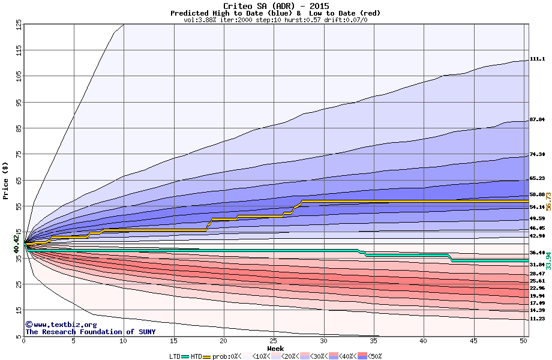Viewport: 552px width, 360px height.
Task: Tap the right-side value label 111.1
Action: tap(537, 59)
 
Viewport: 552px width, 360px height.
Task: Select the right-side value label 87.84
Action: tap(537, 120)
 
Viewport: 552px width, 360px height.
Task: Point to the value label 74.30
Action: tap(537, 155)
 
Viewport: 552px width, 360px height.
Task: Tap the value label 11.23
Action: tap(537, 319)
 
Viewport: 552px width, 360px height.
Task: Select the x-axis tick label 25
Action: tap(274, 341)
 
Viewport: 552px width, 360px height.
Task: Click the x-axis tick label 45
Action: tap(473, 341)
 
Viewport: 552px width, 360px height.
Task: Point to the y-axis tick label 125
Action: tap(19, 25)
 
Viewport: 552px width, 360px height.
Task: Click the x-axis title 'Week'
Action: tap(275, 348)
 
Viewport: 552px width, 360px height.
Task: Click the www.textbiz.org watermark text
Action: tap(56, 325)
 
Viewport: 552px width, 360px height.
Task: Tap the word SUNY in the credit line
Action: tap(146, 332)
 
